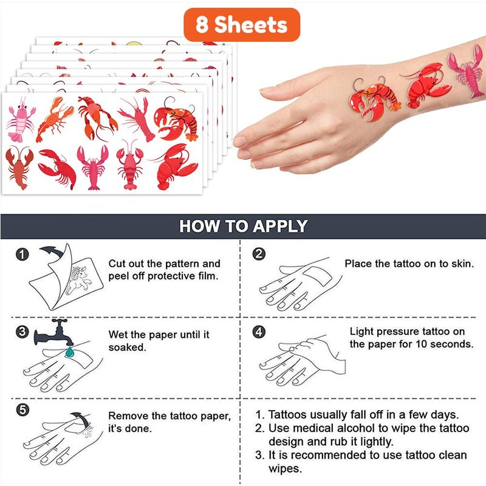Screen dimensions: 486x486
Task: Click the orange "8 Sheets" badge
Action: [x=242, y=25]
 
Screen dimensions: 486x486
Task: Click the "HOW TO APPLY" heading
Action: [x=244, y=226]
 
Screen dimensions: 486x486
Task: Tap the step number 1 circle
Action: [x=22, y=255]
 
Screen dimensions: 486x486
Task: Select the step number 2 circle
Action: [x=259, y=254]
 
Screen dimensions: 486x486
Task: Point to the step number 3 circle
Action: [x=22, y=332]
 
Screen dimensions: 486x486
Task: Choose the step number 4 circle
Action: [x=259, y=332]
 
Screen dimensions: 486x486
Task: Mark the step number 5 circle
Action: [x=22, y=410]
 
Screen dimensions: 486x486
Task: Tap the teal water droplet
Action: [x=69, y=352]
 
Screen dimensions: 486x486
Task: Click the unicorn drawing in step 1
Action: [x=78, y=280]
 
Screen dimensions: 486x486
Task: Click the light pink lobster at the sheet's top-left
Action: [x=21, y=120]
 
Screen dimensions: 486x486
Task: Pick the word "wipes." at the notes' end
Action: [x=285, y=468]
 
